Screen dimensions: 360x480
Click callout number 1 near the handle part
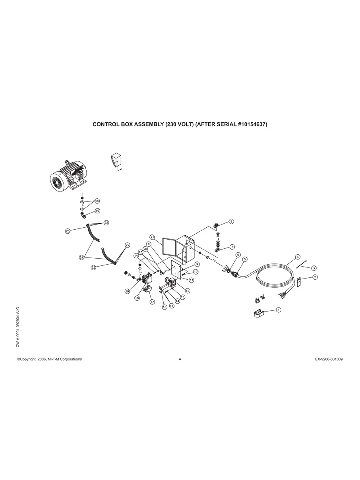pyautogui.click(x=279, y=310)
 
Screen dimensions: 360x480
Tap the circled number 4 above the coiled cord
pyautogui.click(x=298, y=257)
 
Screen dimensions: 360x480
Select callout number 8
pyautogui.click(x=231, y=221)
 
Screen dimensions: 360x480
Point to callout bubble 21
pyautogui.click(x=152, y=237)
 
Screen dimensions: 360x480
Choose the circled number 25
pyautogui.click(x=97, y=201)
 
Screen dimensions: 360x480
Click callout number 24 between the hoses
pyautogui.click(x=81, y=257)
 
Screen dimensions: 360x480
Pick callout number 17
pyautogui.click(x=152, y=302)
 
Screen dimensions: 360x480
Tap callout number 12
pyautogui.click(x=188, y=290)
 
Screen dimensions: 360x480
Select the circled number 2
pyautogui.click(x=315, y=277)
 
